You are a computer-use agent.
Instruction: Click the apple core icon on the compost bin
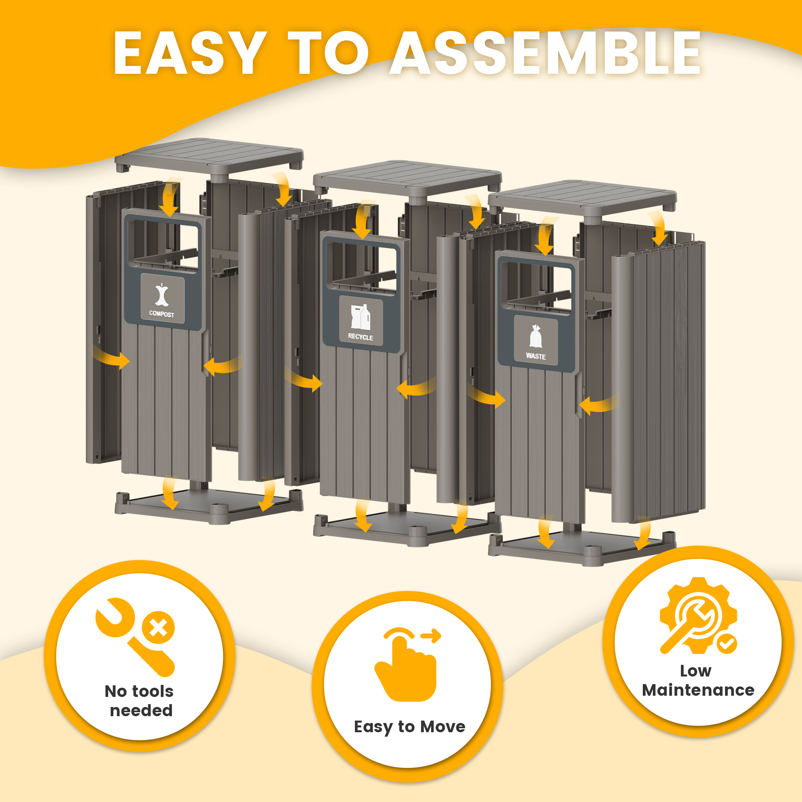(x=162, y=295)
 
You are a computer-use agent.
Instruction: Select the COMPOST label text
(x=162, y=314)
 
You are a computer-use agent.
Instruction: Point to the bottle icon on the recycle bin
(x=360, y=317)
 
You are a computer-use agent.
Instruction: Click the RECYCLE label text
(x=360, y=337)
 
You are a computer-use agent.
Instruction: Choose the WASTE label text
(x=535, y=356)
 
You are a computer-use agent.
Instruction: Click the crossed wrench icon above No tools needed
(x=135, y=637)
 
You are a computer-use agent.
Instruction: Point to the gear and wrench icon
(x=698, y=616)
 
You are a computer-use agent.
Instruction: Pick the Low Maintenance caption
(x=698, y=680)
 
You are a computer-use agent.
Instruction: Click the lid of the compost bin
(x=209, y=156)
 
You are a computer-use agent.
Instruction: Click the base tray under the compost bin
(x=209, y=506)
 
